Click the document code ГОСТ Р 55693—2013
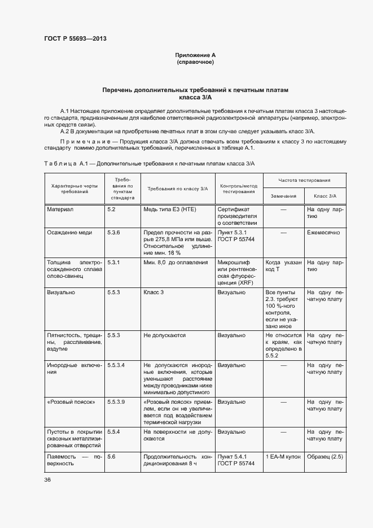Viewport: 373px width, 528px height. [75, 39]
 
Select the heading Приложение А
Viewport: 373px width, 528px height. [195, 55]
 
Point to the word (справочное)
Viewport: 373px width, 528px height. [195, 62]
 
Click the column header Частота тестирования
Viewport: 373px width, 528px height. [304, 180]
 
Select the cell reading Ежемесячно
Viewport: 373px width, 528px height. [323, 232]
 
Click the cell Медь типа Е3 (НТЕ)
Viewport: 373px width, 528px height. [170, 210]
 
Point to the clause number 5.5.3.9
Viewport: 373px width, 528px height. [116, 402]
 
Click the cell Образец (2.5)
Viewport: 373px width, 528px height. [324, 456]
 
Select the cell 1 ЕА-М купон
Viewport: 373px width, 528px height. [282, 456]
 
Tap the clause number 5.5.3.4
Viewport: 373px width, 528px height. [116, 365]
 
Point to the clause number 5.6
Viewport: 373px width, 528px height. [111, 456]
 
